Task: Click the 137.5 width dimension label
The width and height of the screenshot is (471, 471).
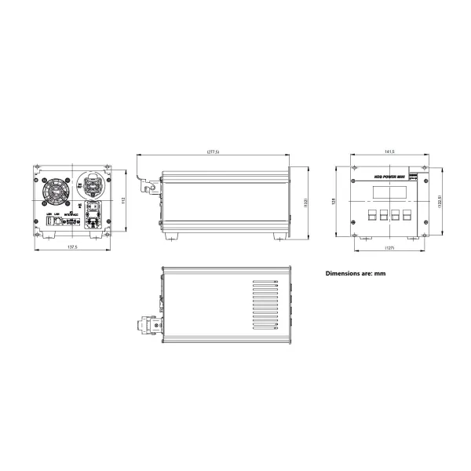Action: pyautogui.click(x=71, y=247)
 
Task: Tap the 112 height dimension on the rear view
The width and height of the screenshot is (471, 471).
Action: pyautogui.click(x=123, y=200)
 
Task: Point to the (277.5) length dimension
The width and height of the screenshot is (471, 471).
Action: pyautogui.click(x=212, y=151)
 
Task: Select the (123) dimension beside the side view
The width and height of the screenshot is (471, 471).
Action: pyautogui.click(x=305, y=202)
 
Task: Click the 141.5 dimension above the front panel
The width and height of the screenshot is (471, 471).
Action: pyautogui.click(x=389, y=151)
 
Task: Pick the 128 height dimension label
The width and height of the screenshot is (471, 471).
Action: pyautogui.click(x=334, y=201)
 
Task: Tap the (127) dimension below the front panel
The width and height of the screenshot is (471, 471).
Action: pyautogui.click(x=389, y=248)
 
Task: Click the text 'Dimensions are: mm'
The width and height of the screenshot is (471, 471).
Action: pyautogui.click(x=356, y=273)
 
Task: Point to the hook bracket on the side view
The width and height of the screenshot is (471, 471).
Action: pyautogui.click(x=145, y=181)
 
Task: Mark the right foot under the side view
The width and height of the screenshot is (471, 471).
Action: pyautogui.click(x=280, y=235)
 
